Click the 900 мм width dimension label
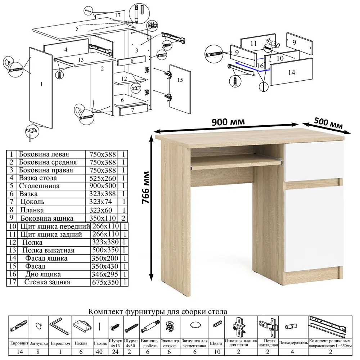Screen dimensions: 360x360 pyautogui.click(x=228, y=121)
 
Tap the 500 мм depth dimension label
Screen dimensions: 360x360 pyautogui.click(x=328, y=123)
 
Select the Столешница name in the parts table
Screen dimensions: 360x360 pyautogui.click(x=39, y=186)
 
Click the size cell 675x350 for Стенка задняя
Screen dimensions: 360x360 pyautogui.click(x=105, y=282)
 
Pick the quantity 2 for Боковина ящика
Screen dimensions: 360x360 pyautogui.click(x=123, y=218)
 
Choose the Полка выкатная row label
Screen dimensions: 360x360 pyautogui.click(x=48, y=250)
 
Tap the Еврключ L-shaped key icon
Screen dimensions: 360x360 pyautogui.click(x=59, y=326)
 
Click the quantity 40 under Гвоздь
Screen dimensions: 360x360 pyautogui.click(x=99, y=352)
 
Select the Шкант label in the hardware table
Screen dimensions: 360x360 pyautogui.click(x=216, y=343)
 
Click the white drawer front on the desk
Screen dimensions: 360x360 pyautogui.click(x=314, y=161)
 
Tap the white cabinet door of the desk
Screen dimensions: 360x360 pyautogui.click(x=314, y=228)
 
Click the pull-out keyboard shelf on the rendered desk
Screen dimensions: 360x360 pyautogui.click(x=236, y=163)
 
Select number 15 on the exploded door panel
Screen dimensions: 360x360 pyautogui.click(x=180, y=80)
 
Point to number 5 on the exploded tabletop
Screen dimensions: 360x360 pyautogui.click(x=77, y=29)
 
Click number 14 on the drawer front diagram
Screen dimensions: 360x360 pyautogui.click(x=292, y=73)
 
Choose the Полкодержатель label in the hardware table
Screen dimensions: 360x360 pyautogui.click(x=293, y=343)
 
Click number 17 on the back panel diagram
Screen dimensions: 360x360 pyautogui.click(x=118, y=15)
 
